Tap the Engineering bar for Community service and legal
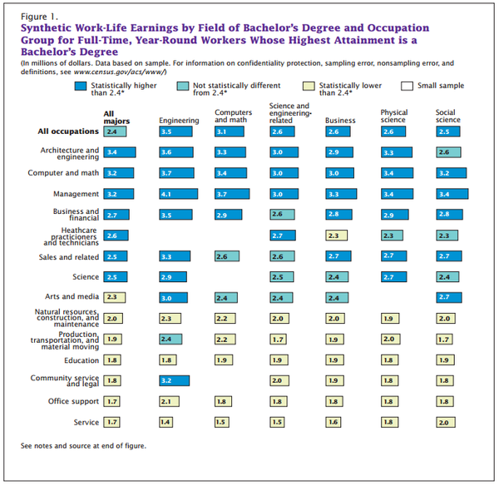(174, 379)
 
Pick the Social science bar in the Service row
(446, 422)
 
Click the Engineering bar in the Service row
(166, 422)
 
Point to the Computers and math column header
(233, 116)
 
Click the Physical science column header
(393, 116)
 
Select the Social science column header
(448, 116)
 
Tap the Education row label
(82, 360)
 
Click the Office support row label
(76, 401)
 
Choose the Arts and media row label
(72, 296)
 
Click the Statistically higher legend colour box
(80, 86)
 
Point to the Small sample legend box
(408, 86)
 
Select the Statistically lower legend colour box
(308, 86)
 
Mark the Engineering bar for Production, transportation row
(170, 339)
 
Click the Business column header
(340, 120)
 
